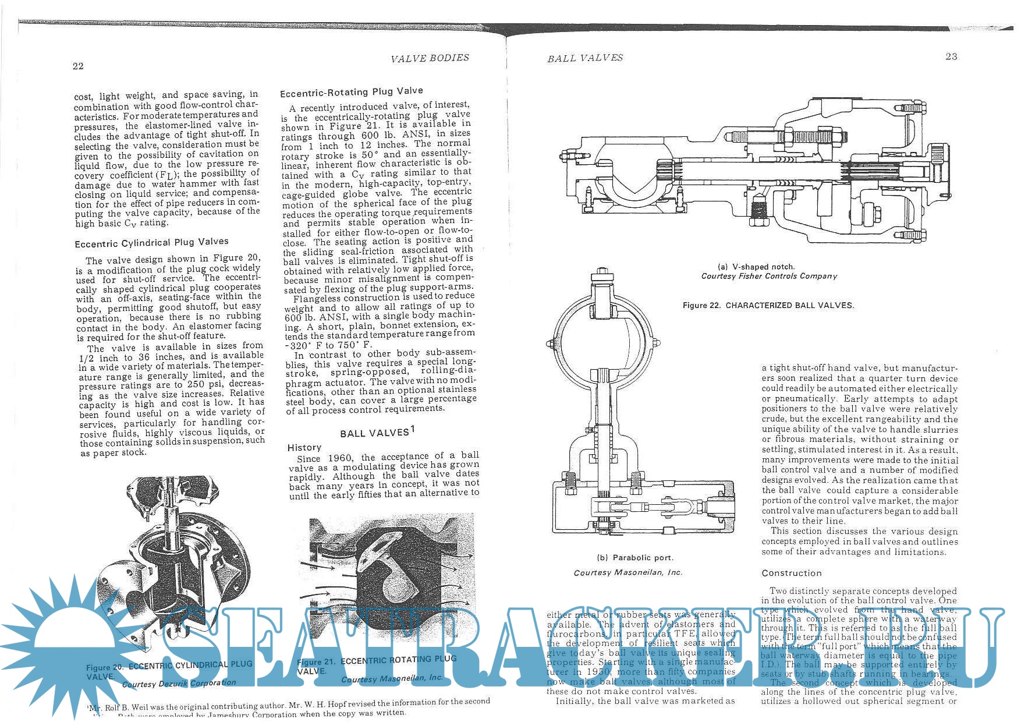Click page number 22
(x=78, y=66)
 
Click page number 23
(x=951, y=56)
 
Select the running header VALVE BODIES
(x=430, y=58)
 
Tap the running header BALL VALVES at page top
(x=584, y=58)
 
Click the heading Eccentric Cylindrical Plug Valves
(x=151, y=242)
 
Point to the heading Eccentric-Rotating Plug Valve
(x=351, y=92)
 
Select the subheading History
(x=304, y=448)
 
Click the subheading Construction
(x=791, y=573)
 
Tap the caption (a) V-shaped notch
(x=756, y=267)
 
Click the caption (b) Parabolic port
(x=635, y=558)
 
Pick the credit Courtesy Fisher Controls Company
(x=768, y=277)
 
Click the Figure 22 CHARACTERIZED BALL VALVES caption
(x=768, y=306)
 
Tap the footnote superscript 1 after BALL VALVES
(x=412, y=429)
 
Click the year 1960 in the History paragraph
(x=340, y=458)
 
